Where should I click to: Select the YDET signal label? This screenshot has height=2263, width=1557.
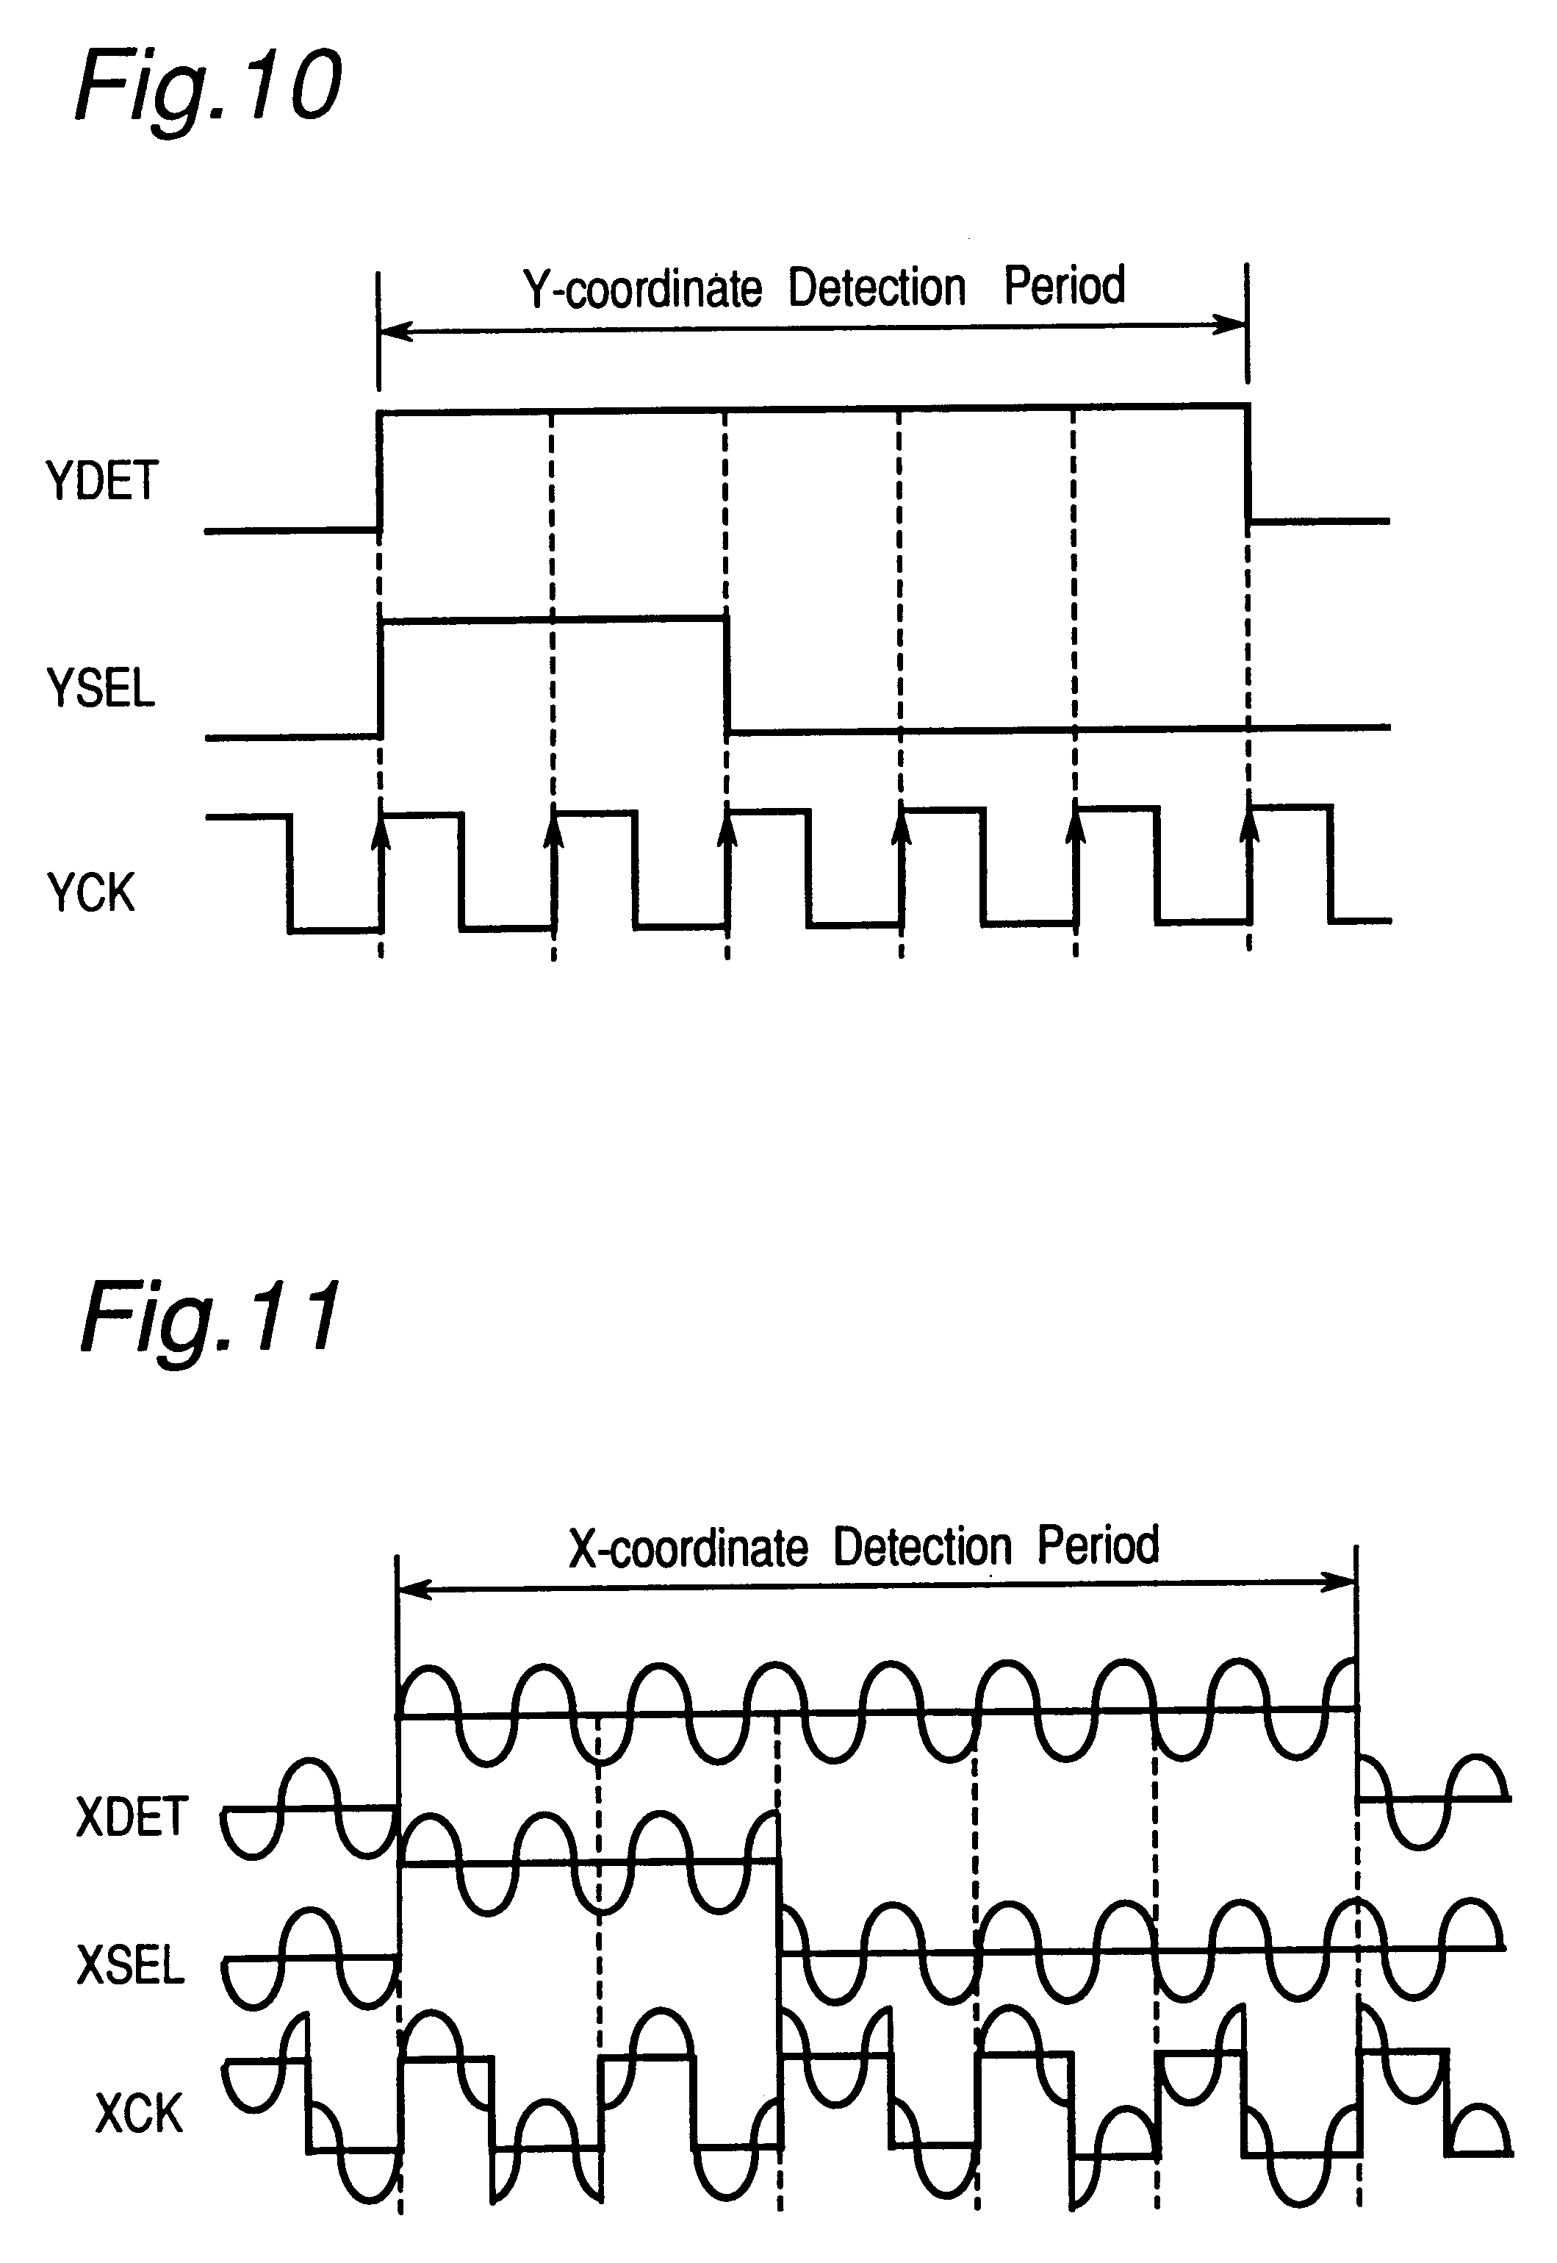[102, 481]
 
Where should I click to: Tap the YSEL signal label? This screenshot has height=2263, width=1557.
[101, 688]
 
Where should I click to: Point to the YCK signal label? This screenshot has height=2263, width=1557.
[90, 892]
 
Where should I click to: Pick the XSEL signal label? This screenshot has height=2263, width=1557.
[131, 1965]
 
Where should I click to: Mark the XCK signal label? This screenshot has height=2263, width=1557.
[140, 2114]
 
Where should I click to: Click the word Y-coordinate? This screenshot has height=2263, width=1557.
[643, 289]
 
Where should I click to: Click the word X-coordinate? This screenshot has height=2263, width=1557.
[688, 1548]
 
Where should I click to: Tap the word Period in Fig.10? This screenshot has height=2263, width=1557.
[1065, 286]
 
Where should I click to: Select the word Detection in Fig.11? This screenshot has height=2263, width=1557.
[923, 1547]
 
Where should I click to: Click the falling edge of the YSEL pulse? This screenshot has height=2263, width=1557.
[727, 674]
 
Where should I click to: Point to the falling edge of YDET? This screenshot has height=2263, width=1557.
[1248, 463]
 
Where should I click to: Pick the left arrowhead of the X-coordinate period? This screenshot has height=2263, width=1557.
[414, 1590]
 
